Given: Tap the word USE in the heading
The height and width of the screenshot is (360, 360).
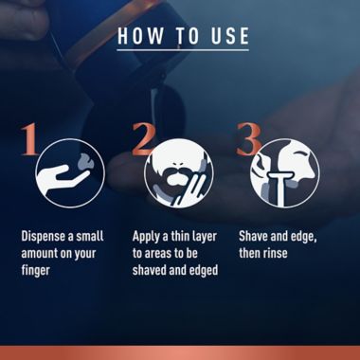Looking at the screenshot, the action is click(x=227, y=36).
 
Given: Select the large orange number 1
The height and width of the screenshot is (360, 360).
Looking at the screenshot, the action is click(x=29, y=139).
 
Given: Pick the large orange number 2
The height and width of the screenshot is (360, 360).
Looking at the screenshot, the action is click(x=144, y=139).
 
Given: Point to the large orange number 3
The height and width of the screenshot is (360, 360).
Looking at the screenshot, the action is click(x=248, y=139).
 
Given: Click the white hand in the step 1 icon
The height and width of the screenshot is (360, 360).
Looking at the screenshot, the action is click(x=60, y=178).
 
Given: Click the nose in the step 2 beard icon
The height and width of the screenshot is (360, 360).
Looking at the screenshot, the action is click(x=179, y=165).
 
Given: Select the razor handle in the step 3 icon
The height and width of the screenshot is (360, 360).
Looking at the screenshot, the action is click(x=279, y=189).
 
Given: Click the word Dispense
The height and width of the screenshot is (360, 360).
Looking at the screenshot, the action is click(x=45, y=237).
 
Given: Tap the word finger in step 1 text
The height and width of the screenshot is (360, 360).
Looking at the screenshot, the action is click(x=36, y=271).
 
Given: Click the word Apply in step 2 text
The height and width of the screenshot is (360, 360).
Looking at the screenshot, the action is click(x=146, y=237).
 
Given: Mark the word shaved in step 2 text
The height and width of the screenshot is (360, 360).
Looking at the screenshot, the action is click(x=148, y=270).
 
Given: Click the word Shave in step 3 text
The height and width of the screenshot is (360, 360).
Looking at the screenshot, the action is click(x=253, y=237).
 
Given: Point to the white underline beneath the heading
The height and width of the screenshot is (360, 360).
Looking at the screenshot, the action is click(x=183, y=50).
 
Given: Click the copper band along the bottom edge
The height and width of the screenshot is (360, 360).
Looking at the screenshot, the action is click(x=180, y=352).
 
